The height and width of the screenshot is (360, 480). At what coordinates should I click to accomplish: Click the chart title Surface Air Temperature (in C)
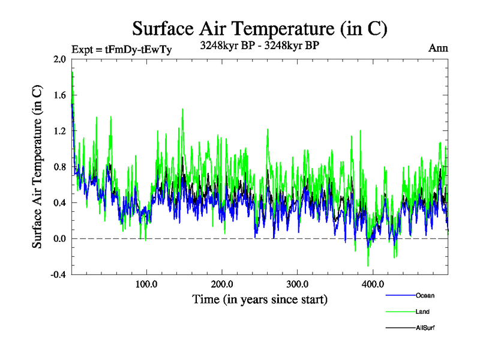pos(259,28)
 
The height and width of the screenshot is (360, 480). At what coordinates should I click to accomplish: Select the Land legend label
pos(422,311)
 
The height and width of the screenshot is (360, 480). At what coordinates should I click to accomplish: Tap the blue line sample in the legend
pos(400,295)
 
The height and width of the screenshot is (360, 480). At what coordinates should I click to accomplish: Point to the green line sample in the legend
pos(400,311)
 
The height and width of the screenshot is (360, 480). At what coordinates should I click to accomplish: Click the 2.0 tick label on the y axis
pos(60,59)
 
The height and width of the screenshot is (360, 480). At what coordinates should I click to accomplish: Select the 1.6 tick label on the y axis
pos(60,95)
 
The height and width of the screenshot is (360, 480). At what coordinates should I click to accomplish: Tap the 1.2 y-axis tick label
pos(60,131)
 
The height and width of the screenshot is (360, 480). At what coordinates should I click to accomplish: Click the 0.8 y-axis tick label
pos(60,167)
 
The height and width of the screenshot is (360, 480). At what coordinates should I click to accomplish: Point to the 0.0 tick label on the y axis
pos(60,239)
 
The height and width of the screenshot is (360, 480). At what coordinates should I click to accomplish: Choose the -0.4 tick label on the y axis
pos(59,275)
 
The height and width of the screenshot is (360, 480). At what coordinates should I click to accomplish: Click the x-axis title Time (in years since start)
pos(259,299)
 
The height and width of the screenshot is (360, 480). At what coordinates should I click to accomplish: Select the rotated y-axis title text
pos(37,167)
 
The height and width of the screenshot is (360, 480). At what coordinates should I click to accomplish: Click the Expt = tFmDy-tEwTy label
pos(121,49)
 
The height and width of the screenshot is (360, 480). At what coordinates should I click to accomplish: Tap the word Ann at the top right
pos(438,48)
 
